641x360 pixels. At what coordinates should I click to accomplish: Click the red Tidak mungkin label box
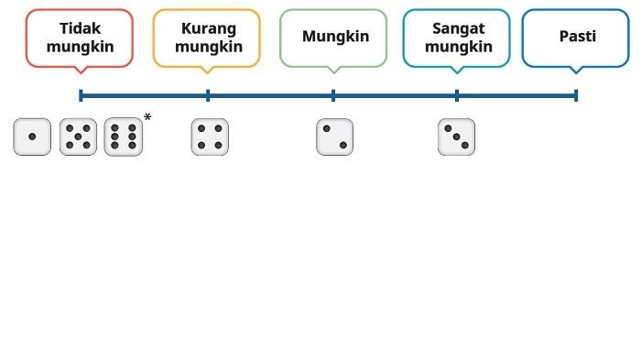[x=80, y=38]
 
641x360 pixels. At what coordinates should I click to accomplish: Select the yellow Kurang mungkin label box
[x=206, y=38]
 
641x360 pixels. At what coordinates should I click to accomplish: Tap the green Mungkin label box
[x=333, y=38]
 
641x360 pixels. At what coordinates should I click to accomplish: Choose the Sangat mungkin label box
[x=457, y=38]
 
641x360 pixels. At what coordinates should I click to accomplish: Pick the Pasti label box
[x=576, y=38]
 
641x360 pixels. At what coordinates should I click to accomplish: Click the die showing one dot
[x=32, y=137]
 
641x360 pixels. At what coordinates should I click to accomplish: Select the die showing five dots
[x=78, y=137]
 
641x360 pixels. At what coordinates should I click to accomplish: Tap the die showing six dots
[x=123, y=137]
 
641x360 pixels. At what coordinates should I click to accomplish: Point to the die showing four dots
[x=210, y=137]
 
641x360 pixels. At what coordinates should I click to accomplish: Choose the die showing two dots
[x=334, y=137]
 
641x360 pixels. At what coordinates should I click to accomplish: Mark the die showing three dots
[x=456, y=137]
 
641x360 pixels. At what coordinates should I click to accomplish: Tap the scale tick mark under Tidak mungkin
[x=81, y=95]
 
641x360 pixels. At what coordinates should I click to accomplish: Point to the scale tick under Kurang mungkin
[x=208, y=95]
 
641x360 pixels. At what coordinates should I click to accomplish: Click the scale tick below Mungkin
[x=333, y=95]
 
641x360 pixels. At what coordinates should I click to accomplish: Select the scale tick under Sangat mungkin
[x=457, y=95]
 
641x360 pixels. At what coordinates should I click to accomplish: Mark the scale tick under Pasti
[x=576, y=95]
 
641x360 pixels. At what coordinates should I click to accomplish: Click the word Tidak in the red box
[x=80, y=28]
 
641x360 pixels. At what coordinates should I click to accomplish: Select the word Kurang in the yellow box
[x=209, y=28]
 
